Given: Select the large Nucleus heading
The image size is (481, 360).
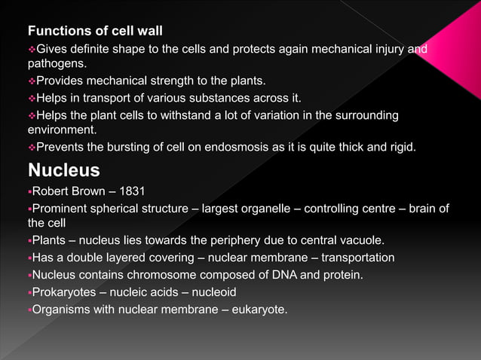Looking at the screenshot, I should tap(63, 169).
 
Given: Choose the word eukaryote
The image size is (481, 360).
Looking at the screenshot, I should tap(260, 310).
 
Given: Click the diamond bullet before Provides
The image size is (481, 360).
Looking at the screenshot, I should tap(32, 81).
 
